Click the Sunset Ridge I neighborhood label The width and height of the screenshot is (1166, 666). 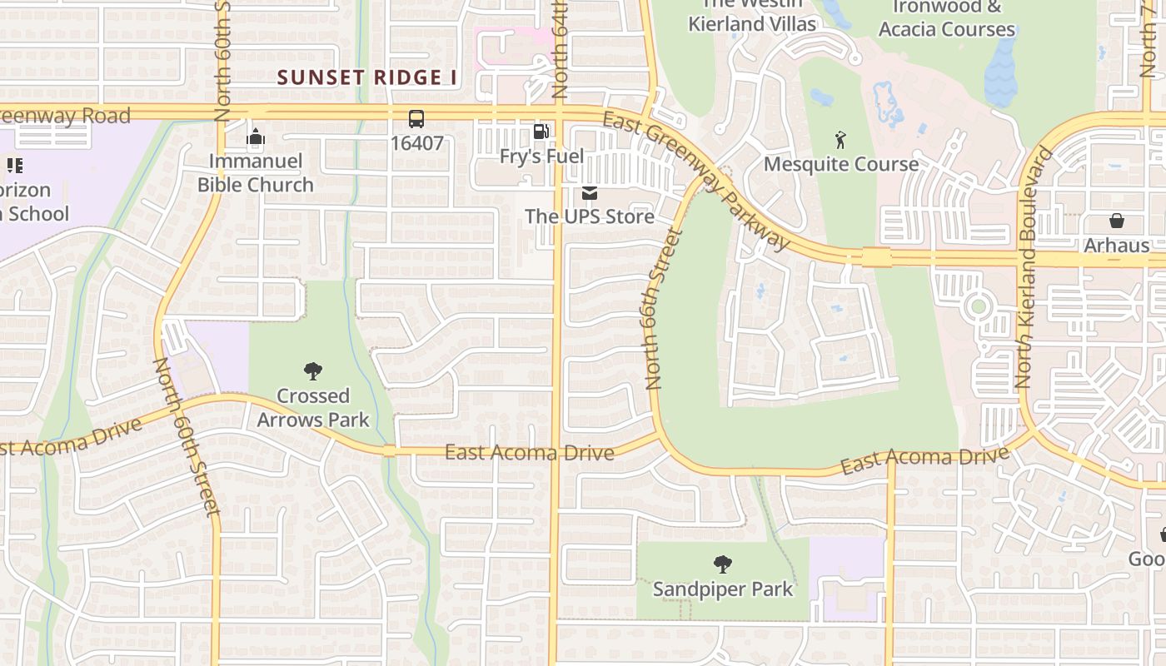point(367,77)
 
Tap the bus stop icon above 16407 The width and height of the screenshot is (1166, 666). point(416,119)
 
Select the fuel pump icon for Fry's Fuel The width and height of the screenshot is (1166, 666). point(541,132)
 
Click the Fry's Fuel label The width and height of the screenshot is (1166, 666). point(541,157)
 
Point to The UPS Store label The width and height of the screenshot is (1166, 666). point(590,216)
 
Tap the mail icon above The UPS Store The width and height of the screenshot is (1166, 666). point(590,194)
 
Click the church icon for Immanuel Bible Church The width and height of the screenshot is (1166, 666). point(256,137)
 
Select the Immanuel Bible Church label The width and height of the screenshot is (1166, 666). point(256,173)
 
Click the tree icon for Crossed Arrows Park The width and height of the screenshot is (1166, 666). point(313,371)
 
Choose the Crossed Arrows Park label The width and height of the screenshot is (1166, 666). point(313,408)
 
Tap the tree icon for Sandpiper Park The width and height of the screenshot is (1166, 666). point(723,564)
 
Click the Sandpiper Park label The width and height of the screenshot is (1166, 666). point(723,589)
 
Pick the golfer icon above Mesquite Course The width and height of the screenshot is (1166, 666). point(840,140)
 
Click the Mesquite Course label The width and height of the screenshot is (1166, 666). point(841,164)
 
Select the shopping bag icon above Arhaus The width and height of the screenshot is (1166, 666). point(1116,221)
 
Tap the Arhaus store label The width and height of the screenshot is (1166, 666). point(1116,246)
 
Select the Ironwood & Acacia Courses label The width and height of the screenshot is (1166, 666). point(947,18)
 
